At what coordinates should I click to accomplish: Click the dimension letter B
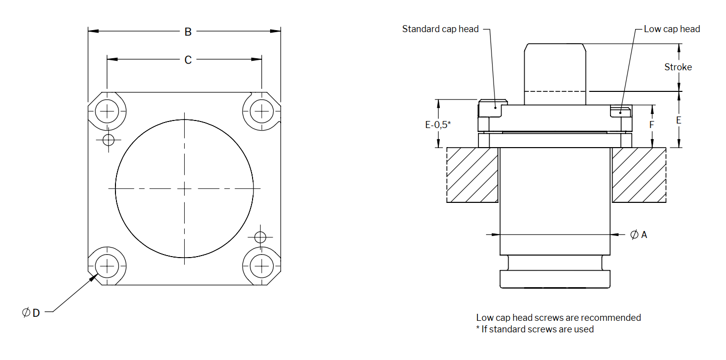[188, 32]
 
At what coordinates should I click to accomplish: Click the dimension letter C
[188, 60]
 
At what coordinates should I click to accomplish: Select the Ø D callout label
[31, 313]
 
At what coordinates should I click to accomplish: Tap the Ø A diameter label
[639, 234]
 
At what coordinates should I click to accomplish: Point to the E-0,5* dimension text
[438, 125]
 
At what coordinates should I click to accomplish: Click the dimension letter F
[652, 124]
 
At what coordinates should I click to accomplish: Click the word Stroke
[678, 67]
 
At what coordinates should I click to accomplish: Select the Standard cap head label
[440, 29]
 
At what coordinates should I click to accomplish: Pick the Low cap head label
[672, 29]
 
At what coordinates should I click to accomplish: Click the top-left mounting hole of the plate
[106, 110]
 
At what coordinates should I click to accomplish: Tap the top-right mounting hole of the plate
[261, 110]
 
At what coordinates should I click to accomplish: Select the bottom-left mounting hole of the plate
[106, 265]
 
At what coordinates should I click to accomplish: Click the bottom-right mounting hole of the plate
[261, 265]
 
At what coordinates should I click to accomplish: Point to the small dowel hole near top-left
[108, 140]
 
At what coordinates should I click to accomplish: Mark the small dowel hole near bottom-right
[260, 236]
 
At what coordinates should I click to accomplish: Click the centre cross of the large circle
[184, 188]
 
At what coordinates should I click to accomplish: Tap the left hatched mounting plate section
[472, 175]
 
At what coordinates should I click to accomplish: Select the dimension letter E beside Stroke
[679, 121]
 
